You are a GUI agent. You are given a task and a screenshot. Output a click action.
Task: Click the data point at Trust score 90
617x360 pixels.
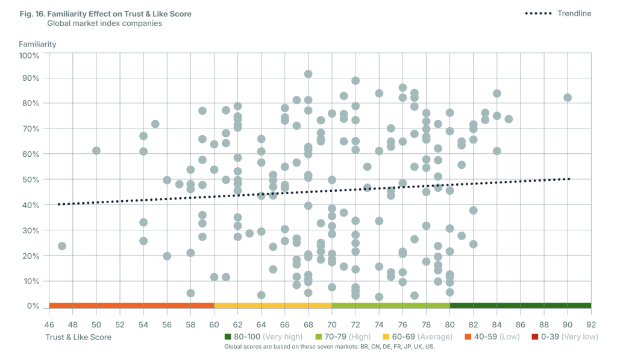click(568, 98)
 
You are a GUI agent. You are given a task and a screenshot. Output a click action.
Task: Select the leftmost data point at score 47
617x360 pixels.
click(61, 246)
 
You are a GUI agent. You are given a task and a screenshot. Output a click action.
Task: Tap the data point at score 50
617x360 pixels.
click(96, 151)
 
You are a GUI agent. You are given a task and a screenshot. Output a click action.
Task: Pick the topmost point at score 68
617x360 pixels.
click(308, 74)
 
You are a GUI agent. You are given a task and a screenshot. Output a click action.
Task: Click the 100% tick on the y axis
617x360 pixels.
click(29, 55)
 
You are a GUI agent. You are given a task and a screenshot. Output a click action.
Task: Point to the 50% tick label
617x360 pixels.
click(30, 180)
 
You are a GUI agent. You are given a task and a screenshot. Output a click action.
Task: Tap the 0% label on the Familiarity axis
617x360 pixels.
click(33, 306)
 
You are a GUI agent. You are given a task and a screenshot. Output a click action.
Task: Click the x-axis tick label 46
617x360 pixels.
click(49, 324)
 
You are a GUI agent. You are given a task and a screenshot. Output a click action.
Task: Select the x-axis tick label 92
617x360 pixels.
click(591, 324)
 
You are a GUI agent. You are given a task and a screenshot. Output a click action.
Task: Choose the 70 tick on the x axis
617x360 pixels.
click(332, 324)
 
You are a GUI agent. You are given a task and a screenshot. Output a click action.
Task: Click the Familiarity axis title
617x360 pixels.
click(38, 44)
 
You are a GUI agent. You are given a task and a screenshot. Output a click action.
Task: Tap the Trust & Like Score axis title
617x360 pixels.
click(78, 337)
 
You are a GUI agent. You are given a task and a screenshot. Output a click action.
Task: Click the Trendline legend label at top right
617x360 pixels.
click(574, 13)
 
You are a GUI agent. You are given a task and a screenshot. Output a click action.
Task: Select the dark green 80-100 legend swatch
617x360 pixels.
click(228, 336)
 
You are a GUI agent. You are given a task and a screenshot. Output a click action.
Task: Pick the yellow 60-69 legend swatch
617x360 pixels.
click(386, 336)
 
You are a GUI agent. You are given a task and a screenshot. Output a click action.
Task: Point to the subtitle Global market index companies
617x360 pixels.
click(104, 24)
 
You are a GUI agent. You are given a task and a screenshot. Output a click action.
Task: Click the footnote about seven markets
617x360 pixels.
click(329, 347)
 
